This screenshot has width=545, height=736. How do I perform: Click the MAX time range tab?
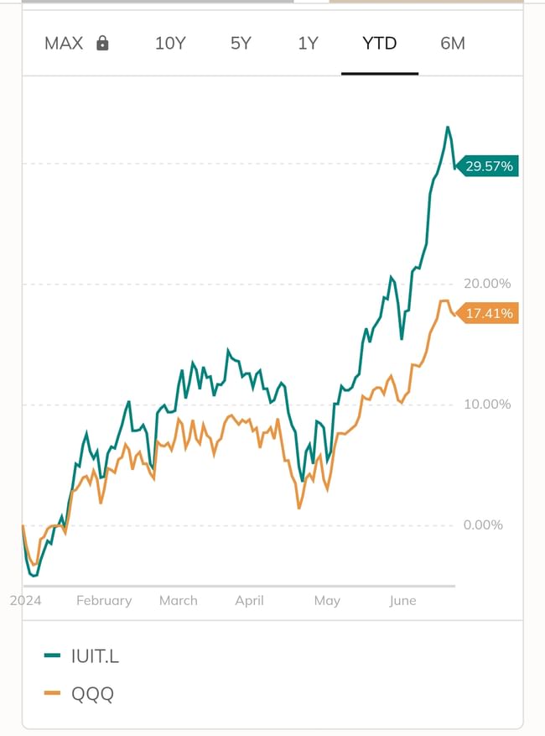tap(64, 44)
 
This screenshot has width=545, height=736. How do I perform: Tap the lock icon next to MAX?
tap(102, 44)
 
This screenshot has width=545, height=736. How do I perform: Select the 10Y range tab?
tap(170, 44)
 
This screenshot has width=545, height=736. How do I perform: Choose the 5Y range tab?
tap(241, 44)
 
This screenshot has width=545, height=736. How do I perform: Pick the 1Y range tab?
tap(309, 44)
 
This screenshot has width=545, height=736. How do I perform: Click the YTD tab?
tap(379, 44)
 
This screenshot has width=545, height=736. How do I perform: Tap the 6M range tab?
tap(452, 44)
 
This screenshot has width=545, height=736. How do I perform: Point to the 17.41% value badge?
tap(489, 314)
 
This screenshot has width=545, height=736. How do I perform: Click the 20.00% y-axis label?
tap(487, 284)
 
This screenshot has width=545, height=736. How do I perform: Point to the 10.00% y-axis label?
tap(487, 405)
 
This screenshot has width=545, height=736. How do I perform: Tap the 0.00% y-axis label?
tap(483, 525)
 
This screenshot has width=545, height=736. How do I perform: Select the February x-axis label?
tap(104, 601)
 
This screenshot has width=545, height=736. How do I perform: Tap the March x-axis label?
tap(179, 601)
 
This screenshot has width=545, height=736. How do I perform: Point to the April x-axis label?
tap(250, 601)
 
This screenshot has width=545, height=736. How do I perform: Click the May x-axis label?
tap(327, 601)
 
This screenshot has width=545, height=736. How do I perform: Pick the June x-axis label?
tap(402, 601)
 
